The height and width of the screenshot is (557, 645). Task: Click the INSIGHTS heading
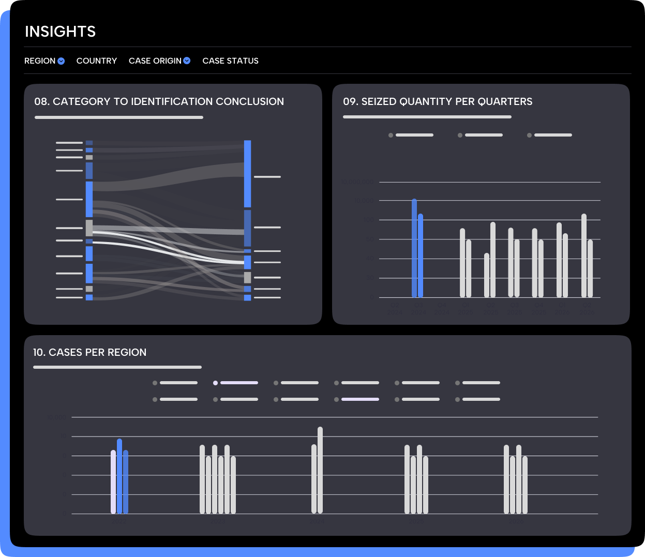(60, 32)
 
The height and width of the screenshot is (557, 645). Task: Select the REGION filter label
(40, 61)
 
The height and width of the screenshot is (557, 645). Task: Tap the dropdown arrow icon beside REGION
(61, 61)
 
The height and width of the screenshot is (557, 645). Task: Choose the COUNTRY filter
(97, 61)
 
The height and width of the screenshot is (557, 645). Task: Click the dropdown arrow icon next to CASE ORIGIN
(187, 61)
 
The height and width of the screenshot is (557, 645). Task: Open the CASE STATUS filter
(230, 61)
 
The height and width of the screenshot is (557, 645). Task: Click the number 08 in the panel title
(41, 102)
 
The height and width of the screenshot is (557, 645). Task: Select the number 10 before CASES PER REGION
(39, 353)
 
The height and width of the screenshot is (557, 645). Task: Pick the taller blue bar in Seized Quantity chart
(414, 248)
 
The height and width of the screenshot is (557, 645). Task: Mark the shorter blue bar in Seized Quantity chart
(421, 256)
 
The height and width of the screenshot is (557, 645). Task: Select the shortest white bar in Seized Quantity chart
(487, 275)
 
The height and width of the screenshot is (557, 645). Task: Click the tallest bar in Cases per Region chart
(320, 470)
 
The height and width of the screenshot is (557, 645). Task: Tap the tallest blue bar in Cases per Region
(119, 476)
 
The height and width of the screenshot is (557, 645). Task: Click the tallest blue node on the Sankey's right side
(248, 173)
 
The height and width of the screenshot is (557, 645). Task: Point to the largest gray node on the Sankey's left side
(89, 228)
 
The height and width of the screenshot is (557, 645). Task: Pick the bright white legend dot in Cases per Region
(215, 383)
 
